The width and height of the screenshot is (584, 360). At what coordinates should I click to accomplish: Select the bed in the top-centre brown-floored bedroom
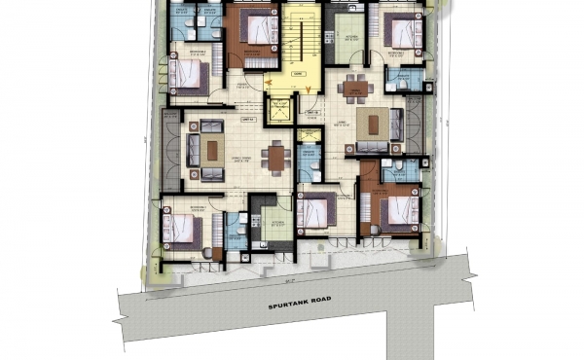pos(255,29)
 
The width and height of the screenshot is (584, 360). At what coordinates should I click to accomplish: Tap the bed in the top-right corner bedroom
pos(399,31)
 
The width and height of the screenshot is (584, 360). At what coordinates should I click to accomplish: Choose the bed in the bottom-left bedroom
pos(185,230)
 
